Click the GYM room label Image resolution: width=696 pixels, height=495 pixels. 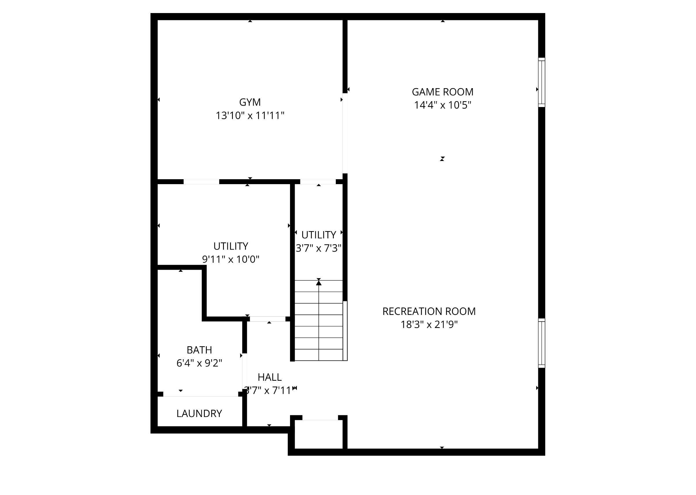[250, 102]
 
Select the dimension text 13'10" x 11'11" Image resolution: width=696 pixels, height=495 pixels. [250, 115]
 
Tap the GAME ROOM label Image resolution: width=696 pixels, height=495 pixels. [443, 92]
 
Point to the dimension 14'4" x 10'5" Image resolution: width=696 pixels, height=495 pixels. [443, 105]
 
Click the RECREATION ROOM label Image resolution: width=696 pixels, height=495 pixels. [429, 311]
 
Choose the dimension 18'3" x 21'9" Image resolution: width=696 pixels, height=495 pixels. [429, 324]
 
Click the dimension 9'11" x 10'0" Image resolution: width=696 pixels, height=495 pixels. [231, 259]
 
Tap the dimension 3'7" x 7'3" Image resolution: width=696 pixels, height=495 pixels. [318, 248]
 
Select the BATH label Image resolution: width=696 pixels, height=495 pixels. [199, 350]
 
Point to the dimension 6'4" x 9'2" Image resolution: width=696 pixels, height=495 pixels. [199, 363]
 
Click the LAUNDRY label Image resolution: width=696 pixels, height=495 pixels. [199, 413]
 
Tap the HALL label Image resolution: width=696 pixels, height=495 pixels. [270, 377]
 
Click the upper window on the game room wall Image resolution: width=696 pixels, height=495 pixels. [541, 82]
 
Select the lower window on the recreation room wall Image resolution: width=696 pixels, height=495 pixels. [541, 343]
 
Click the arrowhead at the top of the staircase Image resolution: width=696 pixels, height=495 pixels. [319, 283]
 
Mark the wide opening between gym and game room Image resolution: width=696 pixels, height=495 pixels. [345, 133]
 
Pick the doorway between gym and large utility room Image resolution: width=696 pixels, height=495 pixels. [201, 182]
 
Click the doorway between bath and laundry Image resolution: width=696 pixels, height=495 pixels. [200, 394]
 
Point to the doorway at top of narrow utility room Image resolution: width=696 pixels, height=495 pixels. [318, 182]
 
